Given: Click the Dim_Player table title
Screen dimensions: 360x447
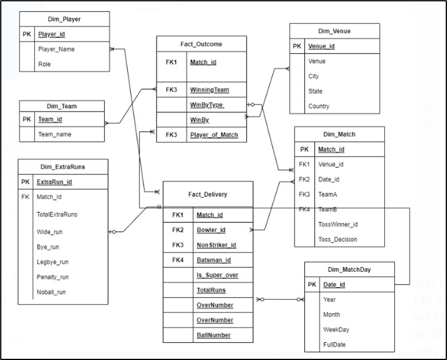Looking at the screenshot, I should [64, 19].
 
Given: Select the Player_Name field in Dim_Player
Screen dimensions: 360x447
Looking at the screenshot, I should [56, 49].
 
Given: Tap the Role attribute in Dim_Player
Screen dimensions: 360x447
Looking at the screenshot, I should [44, 64].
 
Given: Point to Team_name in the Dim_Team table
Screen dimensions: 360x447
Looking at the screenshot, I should [55, 134].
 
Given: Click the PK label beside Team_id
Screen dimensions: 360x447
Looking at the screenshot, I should [27, 119].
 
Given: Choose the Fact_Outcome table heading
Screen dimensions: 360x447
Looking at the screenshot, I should [201, 44].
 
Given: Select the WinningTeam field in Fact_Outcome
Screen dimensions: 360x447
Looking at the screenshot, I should [210, 90].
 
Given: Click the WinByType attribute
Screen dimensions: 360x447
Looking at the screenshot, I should [207, 105].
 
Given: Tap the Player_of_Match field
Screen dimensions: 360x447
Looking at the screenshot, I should [213, 135].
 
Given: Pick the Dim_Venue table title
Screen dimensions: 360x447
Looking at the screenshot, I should [334, 31].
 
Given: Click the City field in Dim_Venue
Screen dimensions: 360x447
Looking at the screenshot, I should [314, 76].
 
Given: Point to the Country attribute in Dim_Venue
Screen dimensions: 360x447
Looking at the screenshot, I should [318, 106].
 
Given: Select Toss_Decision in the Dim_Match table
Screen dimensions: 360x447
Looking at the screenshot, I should [337, 239].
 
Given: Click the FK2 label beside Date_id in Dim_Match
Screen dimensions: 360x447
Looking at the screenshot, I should [304, 179].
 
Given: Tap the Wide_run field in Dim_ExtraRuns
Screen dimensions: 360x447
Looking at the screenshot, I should [49, 232].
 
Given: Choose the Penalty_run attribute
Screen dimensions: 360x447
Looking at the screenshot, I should [53, 277].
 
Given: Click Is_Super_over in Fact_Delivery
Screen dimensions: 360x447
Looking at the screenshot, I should [217, 275].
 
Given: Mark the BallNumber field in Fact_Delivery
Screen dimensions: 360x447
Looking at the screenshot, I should [213, 335].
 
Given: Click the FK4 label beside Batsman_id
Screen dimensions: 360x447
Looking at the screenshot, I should [178, 260].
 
